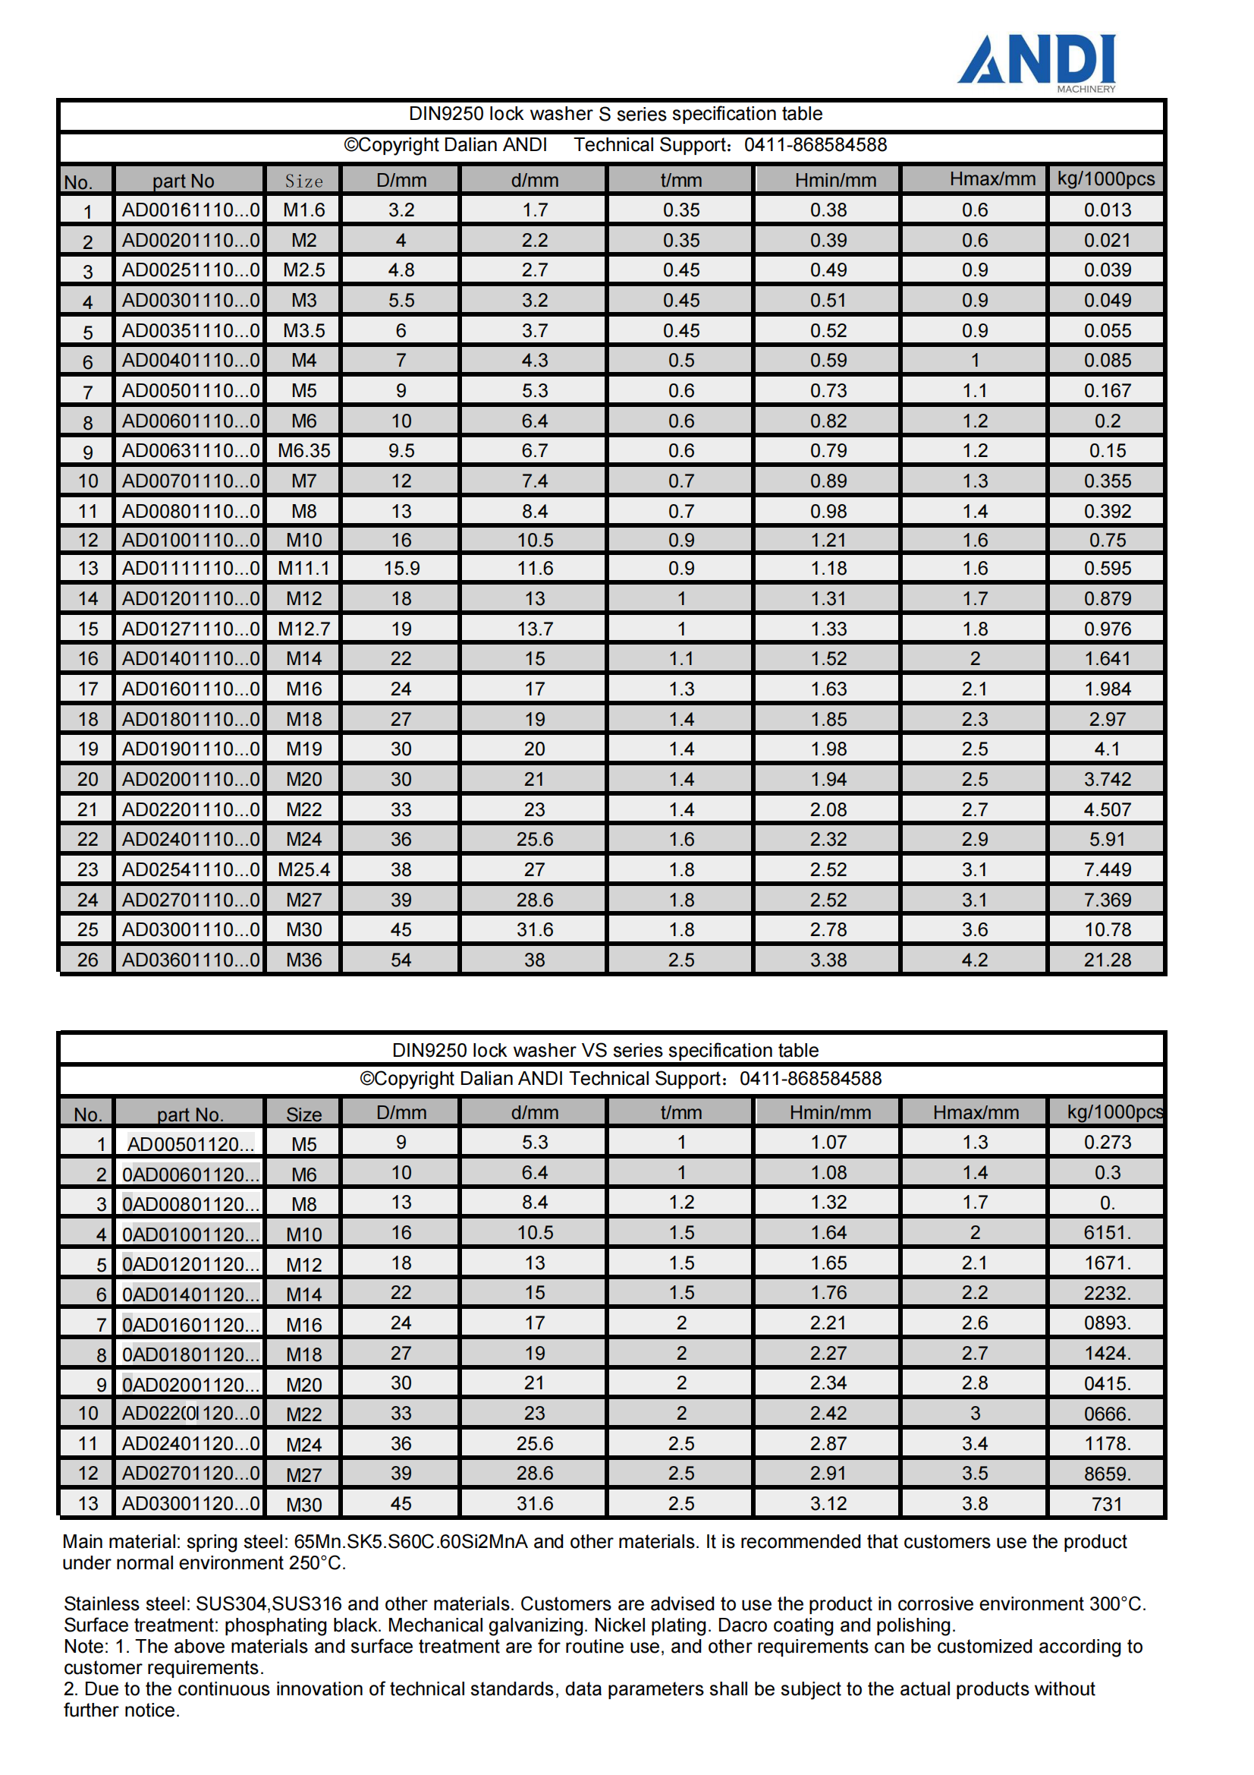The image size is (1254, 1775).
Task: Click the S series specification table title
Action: [615, 115]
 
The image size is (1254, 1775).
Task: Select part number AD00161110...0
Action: [190, 210]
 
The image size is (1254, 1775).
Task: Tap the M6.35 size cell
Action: [303, 451]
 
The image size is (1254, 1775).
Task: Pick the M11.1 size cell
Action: [303, 569]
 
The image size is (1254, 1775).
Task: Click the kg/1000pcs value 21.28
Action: [1106, 960]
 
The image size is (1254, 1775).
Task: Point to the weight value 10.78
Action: [1106, 930]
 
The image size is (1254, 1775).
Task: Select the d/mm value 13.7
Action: [535, 629]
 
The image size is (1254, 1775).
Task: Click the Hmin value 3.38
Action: [828, 960]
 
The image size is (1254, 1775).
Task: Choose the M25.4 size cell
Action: [303, 870]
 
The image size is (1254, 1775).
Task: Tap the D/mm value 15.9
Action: [401, 569]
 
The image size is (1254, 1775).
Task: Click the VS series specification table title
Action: [605, 1051]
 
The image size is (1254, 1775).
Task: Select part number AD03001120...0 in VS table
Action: [190, 1504]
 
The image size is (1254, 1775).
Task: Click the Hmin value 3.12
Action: [828, 1504]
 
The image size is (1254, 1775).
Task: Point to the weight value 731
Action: [1106, 1505]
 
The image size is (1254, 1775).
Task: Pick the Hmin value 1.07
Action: [828, 1143]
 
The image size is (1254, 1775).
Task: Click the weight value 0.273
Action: [1106, 1143]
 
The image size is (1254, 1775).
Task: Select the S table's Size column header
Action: [303, 181]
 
